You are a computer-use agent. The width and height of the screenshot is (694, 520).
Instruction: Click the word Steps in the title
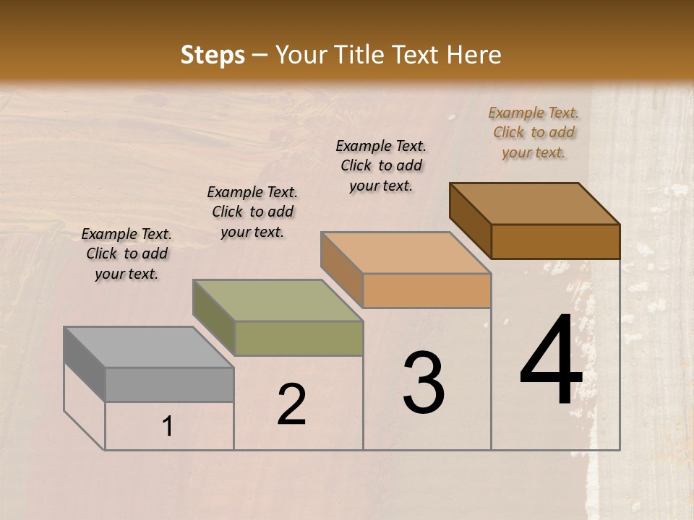point(213,55)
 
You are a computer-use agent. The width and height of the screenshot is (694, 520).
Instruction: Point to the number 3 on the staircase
point(424,383)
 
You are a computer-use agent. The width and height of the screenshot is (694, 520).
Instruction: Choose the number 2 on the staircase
point(292,405)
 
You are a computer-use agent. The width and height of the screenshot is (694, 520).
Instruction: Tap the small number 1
point(168,427)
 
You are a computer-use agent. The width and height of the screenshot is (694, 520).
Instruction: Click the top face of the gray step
point(149,347)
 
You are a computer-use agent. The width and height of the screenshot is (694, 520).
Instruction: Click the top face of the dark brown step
point(535,204)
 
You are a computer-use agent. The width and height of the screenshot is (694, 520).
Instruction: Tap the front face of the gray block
point(170,384)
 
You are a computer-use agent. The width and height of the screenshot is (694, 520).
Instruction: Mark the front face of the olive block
point(299,338)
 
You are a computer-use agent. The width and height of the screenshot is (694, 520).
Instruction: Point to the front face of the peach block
point(427,290)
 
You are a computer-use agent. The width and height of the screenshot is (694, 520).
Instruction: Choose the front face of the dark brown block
point(555,241)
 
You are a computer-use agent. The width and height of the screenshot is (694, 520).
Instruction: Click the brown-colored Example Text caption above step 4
point(534,132)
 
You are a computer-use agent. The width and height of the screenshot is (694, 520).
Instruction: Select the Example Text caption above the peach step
point(381,165)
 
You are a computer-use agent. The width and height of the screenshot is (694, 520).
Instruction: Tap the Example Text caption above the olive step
point(252,212)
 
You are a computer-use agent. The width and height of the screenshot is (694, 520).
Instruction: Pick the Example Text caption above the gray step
point(127,253)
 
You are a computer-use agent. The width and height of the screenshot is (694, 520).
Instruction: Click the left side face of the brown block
point(471,220)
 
